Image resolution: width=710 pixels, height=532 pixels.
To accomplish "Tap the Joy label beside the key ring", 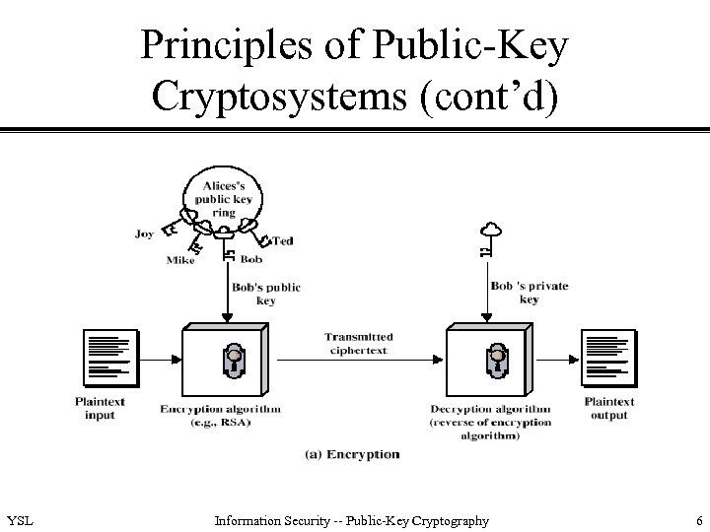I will [145, 234].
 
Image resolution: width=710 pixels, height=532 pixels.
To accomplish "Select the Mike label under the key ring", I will [179, 262].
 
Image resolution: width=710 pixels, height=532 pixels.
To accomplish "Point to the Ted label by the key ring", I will [282, 240].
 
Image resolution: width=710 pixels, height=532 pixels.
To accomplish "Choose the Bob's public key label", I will [266, 294].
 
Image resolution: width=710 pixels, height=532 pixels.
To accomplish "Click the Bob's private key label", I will [529, 293].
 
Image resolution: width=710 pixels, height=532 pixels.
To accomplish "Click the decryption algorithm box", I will [490, 361].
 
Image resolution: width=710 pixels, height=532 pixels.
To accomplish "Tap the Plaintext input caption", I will [100, 409].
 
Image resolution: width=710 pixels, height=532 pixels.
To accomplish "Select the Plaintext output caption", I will [608, 409].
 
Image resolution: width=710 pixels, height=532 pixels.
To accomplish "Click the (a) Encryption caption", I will [352, 454].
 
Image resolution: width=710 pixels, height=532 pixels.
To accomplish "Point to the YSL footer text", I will [19, 520].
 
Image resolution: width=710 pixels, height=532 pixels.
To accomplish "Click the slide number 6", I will [697, 520].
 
